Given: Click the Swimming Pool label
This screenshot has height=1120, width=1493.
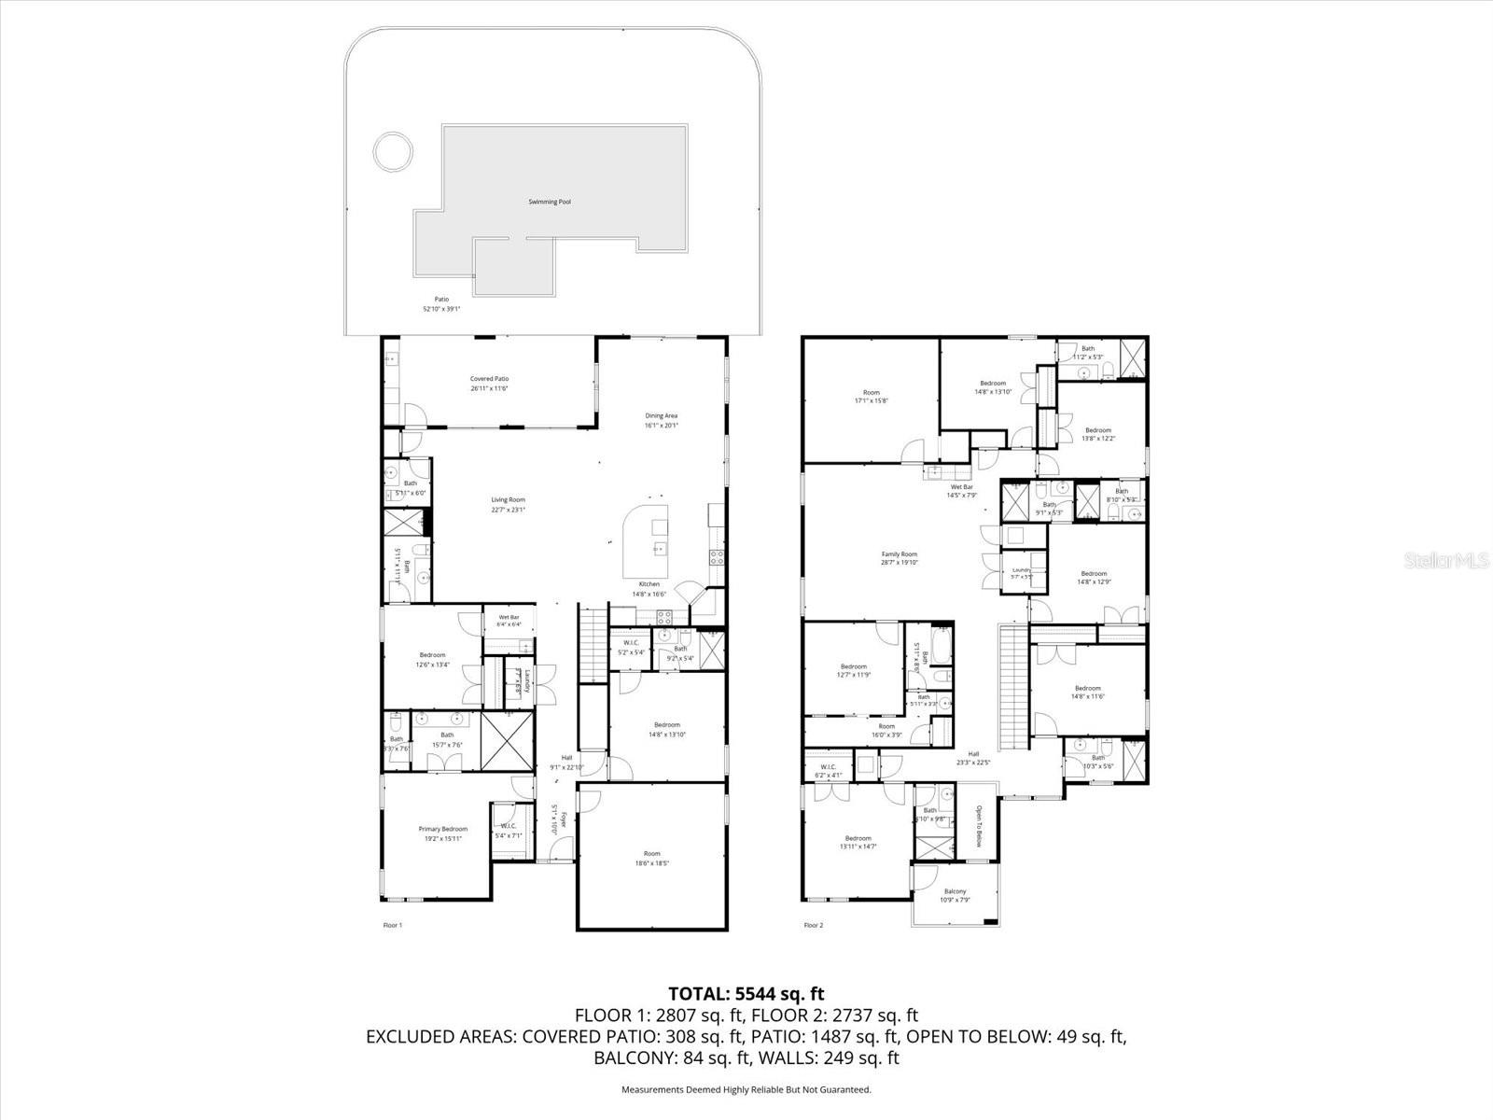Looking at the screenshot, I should (x=550, y=202).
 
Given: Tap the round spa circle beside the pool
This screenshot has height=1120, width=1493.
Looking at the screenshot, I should (x=393, y=151).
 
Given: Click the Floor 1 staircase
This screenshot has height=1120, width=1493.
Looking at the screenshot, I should (x=591, y=644).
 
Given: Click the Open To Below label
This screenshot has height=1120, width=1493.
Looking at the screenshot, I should (x=979, y=826).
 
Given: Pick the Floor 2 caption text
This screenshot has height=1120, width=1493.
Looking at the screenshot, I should (x=814, y=926).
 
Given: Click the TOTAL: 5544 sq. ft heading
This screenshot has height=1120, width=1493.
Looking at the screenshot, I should (x=746, y=994).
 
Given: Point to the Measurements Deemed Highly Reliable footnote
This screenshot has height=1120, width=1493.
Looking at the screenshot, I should (x=746, y=1089).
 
